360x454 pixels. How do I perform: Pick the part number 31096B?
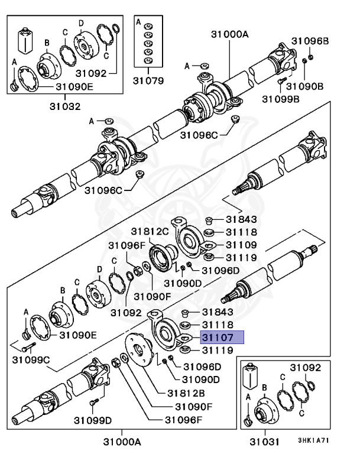click(x=309, y=41)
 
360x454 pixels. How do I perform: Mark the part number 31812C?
click(x=150, y=231)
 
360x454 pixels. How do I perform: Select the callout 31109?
click(x=240, y=244)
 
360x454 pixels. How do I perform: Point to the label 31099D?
click(x=93, y=420)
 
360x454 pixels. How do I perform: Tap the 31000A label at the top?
click(x=230, y=35)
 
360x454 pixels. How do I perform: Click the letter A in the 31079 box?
click(x=139, y=22)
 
